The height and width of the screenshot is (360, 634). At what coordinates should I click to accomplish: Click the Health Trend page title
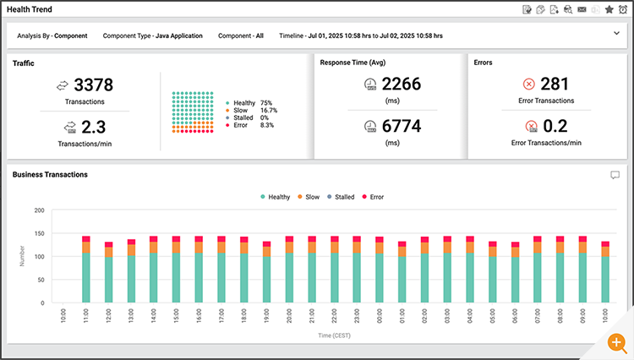coord(30,8)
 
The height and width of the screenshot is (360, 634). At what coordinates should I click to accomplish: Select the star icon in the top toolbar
coord(609,9)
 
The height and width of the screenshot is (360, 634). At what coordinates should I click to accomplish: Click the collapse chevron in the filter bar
coord(616,34)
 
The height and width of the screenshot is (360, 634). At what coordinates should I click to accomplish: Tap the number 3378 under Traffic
coord(93,85)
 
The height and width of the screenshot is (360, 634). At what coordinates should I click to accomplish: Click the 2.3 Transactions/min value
coord(93,128)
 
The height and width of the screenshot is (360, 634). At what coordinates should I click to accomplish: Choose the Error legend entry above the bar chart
coord(372,197)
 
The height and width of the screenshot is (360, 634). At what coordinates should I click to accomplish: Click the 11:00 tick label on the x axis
coord(86,318)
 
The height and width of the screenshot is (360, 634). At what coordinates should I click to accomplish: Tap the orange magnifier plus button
coord(618,345)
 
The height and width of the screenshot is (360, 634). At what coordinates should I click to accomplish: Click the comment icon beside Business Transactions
coord(615,175)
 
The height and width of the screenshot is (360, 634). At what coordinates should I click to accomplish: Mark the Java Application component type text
coord(178,36)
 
